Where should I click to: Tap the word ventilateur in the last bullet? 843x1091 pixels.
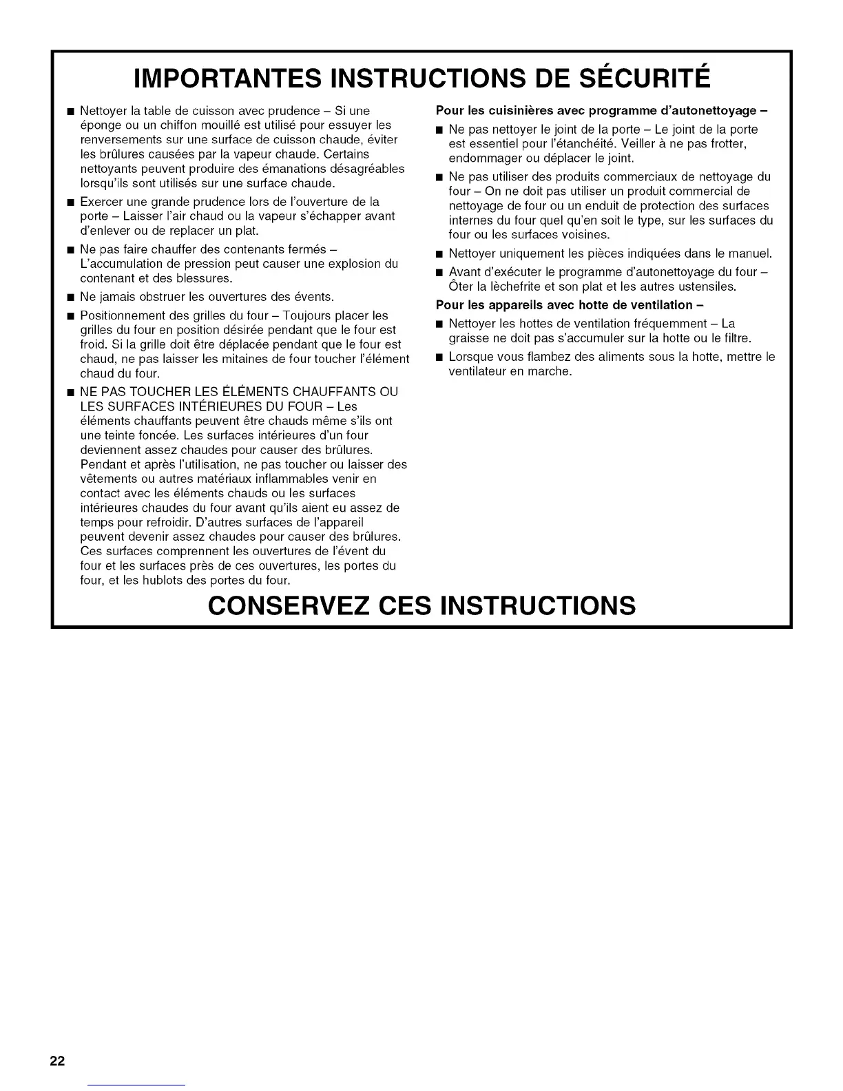pos(477,371)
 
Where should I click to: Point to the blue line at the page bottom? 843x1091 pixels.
pos(138,1085)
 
